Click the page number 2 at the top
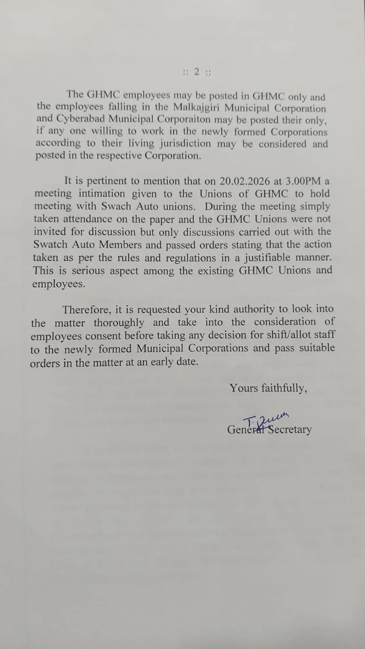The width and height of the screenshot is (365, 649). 197,72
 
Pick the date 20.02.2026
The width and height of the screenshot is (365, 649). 245,181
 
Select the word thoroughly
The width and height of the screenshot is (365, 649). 119,323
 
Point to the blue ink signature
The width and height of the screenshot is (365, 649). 266,418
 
